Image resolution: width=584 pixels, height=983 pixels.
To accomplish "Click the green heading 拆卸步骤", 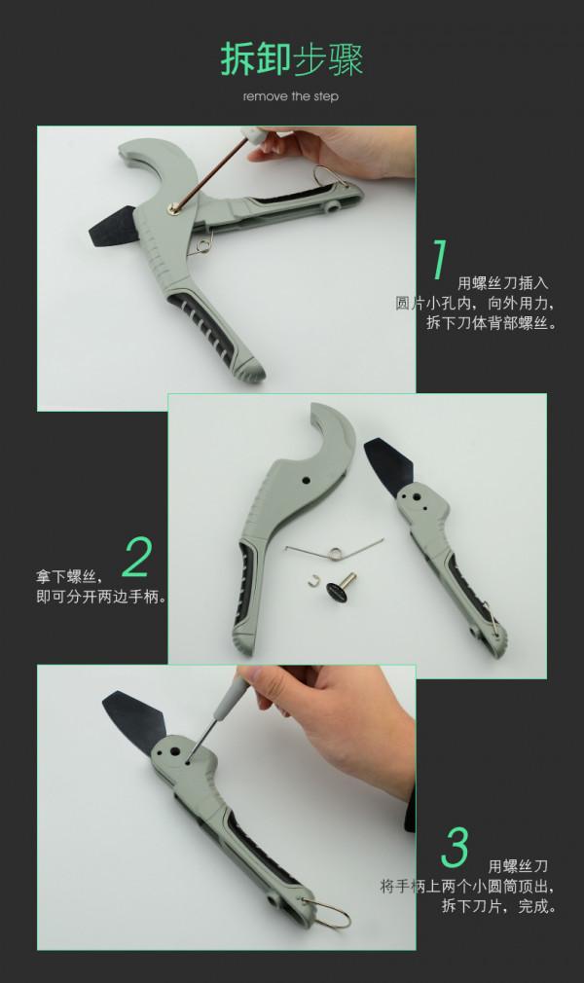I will pos(291,60).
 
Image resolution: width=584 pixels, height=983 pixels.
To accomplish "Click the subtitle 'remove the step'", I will pos(291,97).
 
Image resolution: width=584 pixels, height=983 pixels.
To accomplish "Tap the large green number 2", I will pos(137,558).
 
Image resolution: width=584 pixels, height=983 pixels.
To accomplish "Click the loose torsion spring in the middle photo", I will pos(331,550).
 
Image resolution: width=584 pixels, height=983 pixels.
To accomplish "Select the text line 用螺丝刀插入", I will pos(503,283).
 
